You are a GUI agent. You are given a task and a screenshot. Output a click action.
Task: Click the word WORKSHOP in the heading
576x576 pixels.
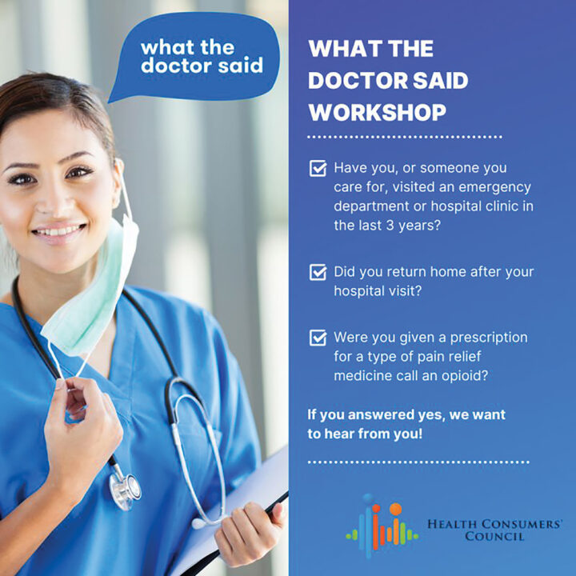point(378,112)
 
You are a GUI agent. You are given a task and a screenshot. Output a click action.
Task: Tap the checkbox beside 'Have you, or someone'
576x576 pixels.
point(318,169)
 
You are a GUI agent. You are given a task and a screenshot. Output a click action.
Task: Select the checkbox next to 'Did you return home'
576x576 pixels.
point(318,272)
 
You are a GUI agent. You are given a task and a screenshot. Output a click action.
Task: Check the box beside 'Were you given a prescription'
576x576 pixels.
point(318,338)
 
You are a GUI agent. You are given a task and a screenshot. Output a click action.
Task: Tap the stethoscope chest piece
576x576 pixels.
point(126,487)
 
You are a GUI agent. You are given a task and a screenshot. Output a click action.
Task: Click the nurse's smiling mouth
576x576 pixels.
point(59,232)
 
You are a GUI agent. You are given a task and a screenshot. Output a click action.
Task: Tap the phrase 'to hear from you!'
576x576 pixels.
point(365,434)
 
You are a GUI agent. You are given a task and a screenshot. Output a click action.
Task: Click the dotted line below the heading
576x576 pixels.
point(405,138)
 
